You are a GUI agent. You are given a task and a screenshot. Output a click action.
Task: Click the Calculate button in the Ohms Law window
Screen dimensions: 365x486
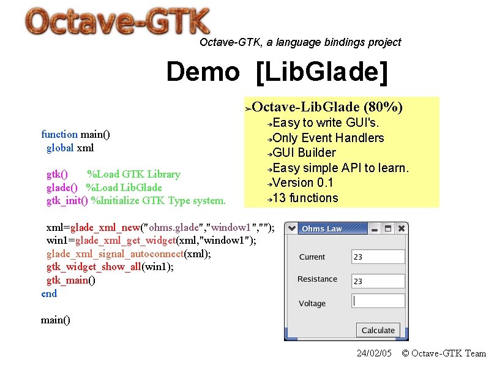378,330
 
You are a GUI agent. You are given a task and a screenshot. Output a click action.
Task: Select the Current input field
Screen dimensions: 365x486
378,257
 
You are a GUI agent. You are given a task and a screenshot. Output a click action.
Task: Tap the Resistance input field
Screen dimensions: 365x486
378,281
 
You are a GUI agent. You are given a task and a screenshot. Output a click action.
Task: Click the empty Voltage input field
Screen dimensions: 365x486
378,301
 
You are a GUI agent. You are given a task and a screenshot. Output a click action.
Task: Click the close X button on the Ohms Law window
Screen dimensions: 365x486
402,228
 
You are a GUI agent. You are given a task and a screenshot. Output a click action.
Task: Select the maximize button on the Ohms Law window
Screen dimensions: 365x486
387,228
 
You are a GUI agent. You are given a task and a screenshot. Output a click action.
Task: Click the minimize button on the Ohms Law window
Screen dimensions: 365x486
373,228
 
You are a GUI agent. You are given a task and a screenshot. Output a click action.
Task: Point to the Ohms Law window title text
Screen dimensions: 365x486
322,228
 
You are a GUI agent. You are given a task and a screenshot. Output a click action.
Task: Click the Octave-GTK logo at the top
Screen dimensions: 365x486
118,23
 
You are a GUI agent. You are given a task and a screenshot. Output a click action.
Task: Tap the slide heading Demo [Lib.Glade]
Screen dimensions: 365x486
277,72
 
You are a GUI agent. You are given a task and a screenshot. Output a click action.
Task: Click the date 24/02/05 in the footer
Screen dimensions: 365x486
374,353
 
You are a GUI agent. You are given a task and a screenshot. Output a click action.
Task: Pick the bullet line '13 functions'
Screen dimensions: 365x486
305,198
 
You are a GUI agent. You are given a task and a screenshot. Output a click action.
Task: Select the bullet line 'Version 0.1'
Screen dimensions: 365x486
302,182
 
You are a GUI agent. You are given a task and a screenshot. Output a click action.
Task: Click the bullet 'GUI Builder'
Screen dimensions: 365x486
304,152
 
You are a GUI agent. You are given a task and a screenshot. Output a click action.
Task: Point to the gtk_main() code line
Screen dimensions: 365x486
71,280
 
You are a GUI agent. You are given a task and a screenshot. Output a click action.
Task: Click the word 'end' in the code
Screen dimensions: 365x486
49,293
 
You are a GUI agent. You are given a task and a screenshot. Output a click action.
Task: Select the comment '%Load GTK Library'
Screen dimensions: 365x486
133,174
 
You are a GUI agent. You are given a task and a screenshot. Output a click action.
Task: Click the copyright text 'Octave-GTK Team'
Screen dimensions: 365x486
449,353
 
